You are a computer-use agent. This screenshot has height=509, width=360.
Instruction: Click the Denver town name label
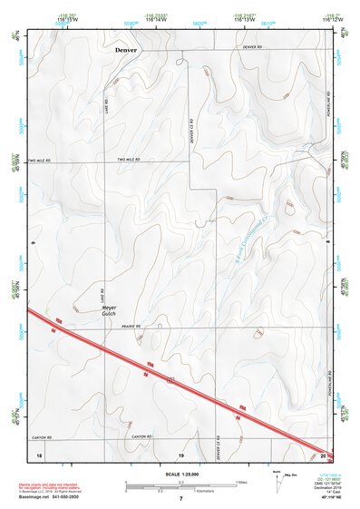[126, 51]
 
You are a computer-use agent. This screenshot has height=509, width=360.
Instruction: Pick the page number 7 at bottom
[180, 499]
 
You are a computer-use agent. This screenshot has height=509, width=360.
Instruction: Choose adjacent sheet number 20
[323, 454]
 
